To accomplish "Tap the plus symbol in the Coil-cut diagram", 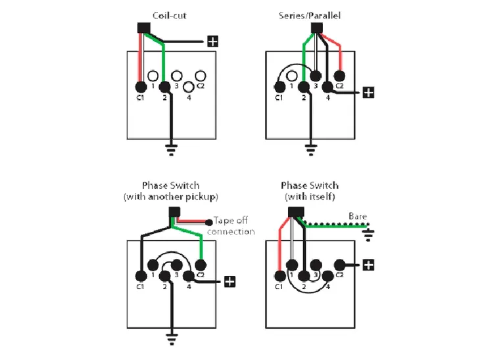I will point(212,41).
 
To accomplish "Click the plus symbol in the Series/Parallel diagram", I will point(368,92).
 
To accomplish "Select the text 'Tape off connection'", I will point(230,227).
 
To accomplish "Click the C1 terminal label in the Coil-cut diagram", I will point(139,99).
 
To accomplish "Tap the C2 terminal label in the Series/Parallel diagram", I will point(339,86).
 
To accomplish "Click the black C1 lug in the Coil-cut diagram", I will point(139,87).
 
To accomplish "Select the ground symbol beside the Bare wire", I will point(370,231).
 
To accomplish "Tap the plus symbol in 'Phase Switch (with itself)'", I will point(369,265).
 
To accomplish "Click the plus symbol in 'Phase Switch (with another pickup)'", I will point(229,281).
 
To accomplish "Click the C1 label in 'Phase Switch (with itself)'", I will point(279,286).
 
